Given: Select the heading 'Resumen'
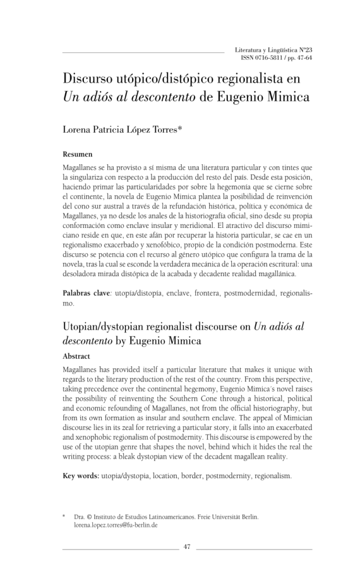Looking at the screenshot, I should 78,154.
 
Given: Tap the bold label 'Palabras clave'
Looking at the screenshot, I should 85,294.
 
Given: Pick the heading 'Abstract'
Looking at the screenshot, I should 76,356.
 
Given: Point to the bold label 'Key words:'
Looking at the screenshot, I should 81,476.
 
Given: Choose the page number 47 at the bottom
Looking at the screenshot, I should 187,547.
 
